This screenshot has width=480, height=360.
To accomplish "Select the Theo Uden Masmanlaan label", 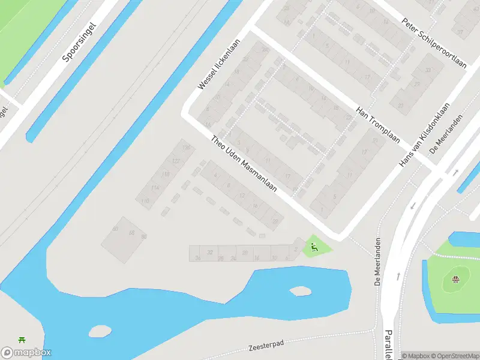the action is [244, 163].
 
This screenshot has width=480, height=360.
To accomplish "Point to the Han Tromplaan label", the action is [378, 125].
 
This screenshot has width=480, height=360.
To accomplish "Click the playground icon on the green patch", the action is [313, 246].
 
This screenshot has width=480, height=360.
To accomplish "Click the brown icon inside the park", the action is [455, 278].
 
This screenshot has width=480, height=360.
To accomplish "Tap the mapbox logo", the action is [26, 353].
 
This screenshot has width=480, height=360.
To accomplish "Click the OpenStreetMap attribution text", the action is [453, 356].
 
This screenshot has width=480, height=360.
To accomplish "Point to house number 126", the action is [186, 148].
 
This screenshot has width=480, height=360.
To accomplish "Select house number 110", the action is [145, 201].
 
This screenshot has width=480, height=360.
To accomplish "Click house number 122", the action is [176, 161].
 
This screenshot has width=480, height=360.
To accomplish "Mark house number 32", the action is [210, 253].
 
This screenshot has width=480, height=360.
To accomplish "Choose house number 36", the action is [197, 259].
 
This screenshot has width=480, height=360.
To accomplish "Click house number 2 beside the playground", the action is [296, 248].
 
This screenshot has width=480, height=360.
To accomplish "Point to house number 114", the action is [155, 188].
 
